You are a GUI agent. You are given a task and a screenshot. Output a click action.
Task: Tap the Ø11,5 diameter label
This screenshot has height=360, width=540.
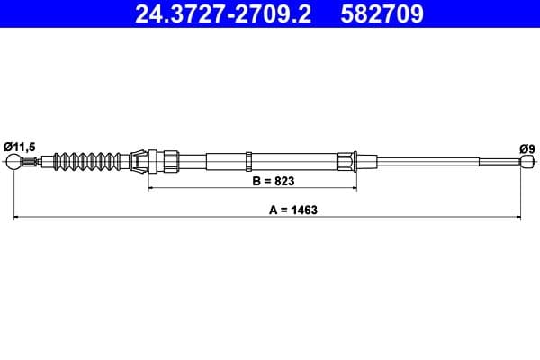[x=19, y=146]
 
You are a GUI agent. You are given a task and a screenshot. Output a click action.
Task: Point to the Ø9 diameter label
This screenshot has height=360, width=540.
[x=526, y=147]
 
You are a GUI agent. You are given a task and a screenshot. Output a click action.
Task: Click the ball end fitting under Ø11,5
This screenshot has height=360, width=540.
[x=13, y=162]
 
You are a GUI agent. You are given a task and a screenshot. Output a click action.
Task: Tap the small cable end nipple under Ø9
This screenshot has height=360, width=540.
[x=526, y=162]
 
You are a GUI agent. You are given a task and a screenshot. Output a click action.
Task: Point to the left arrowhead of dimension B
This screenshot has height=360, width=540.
[x=150, y=189]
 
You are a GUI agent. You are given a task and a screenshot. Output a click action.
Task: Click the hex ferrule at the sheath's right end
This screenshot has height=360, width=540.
[x=346, y=162]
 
